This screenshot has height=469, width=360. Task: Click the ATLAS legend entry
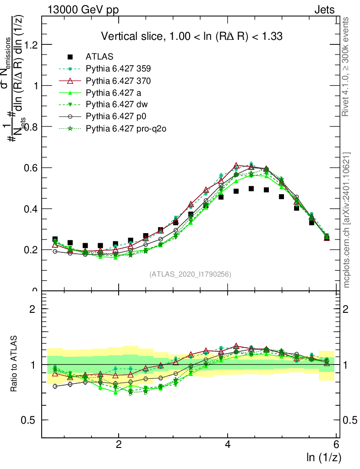tap(99, 57)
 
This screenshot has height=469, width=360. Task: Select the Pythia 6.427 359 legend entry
tap(118, 69)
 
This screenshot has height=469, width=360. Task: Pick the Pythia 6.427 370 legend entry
tap(118, 81)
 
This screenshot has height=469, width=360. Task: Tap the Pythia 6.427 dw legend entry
tap(116, 105)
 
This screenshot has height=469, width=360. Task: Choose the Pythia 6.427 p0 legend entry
tap(116, 117)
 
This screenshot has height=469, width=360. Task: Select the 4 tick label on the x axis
tap(228, 445)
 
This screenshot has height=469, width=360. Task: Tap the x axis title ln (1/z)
tap(323, 457)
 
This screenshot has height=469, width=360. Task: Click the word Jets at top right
tap(324, 10)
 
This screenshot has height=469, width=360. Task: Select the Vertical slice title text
tap(191, 36)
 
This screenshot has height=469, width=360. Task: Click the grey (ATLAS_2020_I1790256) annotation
tap(190, 274)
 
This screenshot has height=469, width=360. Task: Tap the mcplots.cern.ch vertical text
tap(347, 220)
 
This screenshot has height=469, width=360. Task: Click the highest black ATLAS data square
tap(251, 189)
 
